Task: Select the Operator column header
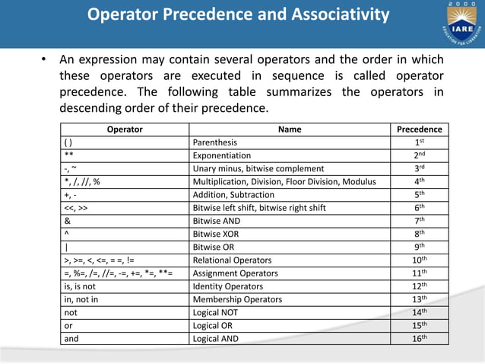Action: [125, 129]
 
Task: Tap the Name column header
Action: [290, 129]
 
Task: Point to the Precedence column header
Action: [419, 129]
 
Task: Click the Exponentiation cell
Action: [220, 155]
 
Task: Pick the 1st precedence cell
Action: [419, 142]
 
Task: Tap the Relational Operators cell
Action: [227, 260]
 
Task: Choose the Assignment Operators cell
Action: [230, 273]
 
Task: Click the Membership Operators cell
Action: [233, 299]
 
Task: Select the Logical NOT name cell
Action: [216, 312]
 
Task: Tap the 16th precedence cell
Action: [419, 339]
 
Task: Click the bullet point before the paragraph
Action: [46, 60]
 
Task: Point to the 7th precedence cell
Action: [419, 221]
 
